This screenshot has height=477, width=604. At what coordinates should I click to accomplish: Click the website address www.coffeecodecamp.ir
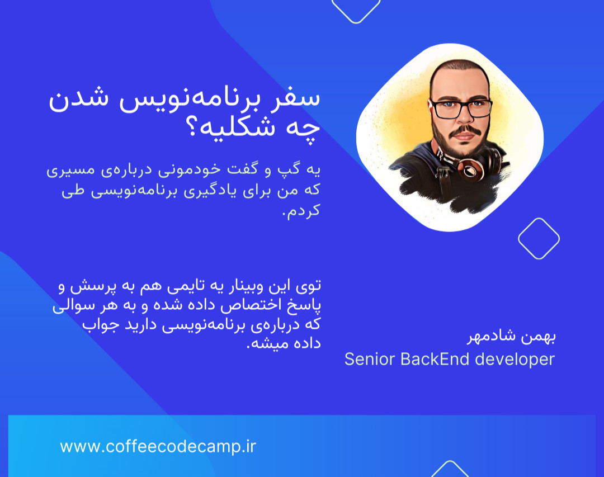click(158, 446)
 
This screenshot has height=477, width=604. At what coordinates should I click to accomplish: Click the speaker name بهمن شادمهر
click(511, 338)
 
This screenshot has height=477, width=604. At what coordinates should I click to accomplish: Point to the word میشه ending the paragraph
click(266, 343)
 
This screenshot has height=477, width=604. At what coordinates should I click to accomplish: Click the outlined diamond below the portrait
click(539, 239)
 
